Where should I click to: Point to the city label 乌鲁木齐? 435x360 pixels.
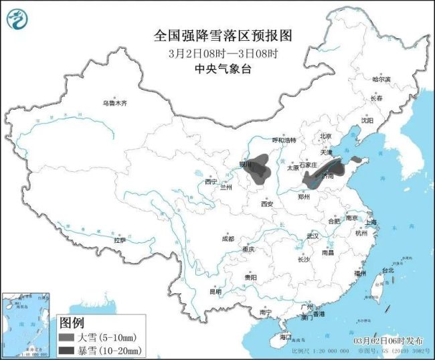[114, 104]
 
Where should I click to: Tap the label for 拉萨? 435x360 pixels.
[120, 240]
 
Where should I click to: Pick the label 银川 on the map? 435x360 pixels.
[245, 163]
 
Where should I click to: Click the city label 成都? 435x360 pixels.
[228, 239]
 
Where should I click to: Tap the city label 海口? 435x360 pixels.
[286, 336]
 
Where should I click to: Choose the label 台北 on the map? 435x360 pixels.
[387, 271]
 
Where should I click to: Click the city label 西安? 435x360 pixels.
[267, 203]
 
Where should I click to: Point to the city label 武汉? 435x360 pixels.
[312, 236]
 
